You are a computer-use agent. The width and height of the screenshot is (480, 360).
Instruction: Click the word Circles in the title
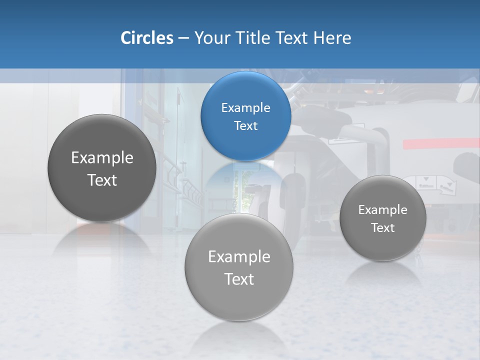pos(146,38)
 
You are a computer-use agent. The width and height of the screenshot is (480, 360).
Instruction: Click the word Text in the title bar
pos(292,38)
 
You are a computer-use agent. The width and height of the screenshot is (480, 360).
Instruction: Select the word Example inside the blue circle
pos(245,108)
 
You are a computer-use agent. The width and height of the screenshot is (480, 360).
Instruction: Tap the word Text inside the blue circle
pos(245,126)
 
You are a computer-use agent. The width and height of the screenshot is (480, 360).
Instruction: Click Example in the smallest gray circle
pos(383,210)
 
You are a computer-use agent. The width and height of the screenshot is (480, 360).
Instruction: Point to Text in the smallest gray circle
pos(383,228)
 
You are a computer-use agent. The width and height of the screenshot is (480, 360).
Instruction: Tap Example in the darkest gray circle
pos(102,158)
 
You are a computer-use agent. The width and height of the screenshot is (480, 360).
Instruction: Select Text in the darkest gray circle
pos(102,180)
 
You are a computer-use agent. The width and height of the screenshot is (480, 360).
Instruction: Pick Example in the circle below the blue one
pos(239,257)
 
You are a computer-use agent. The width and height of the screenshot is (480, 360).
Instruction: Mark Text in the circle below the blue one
pos(239,279)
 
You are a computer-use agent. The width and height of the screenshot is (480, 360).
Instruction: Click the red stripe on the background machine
pos(440,143)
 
